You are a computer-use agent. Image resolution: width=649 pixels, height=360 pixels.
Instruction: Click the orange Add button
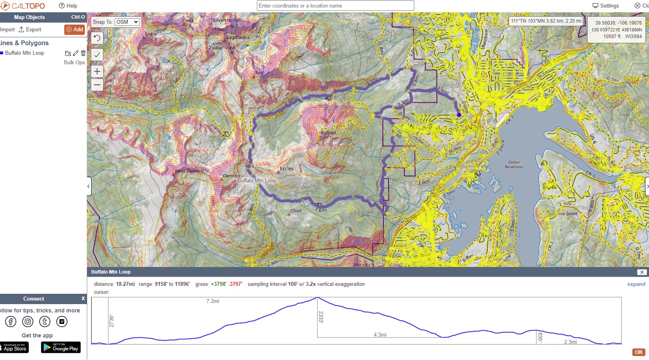click(x=75, y=29)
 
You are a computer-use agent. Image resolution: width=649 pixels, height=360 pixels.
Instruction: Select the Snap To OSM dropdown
click(x=127, y=22)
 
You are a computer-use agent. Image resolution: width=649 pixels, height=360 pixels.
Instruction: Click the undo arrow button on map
click(x=97, y=38)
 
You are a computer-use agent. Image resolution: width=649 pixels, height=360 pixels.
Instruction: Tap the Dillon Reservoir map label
click(x=514, y=165)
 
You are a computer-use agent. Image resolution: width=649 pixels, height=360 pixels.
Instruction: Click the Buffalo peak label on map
click(x=328, y=133)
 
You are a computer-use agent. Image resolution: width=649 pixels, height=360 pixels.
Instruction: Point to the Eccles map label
click(x=287, y=169)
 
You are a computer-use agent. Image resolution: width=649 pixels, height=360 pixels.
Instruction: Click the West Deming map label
click(x=189, y=171)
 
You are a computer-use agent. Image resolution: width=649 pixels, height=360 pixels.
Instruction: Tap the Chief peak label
click(x=296, y=211)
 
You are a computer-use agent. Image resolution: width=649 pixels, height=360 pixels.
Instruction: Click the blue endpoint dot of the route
click(x=459, y=115)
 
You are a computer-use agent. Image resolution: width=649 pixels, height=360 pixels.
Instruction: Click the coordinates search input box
click(x=335, y=6)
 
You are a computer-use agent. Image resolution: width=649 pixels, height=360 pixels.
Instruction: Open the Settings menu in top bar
click(x=605, y=6)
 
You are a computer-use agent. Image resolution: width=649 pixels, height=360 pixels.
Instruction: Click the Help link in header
click(x=68, y=6)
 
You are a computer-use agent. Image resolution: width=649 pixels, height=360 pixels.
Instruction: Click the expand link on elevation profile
click(x=636, y=284)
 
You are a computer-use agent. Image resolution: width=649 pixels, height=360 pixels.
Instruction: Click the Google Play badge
click(x=61, y=347)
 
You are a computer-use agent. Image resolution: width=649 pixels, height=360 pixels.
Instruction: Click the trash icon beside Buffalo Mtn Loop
click(x=83, y=53)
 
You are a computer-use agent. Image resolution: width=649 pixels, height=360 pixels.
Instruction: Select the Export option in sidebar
click(x=30, y=29)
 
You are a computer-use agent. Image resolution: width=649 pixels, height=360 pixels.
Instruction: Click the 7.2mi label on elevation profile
click(x=213, y=301)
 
